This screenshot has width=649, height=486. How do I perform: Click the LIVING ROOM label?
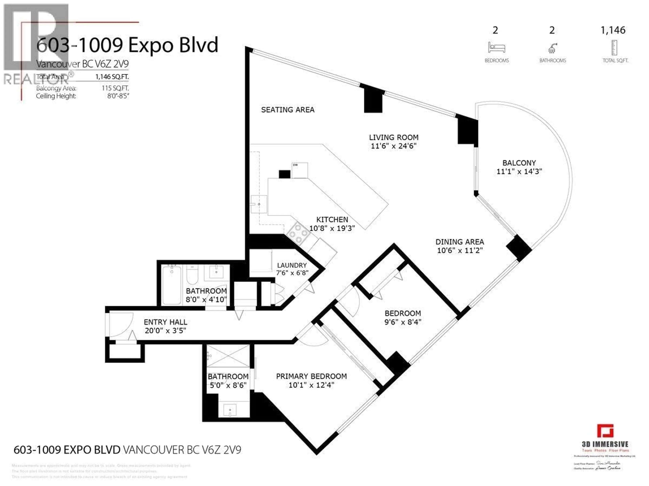pos(393,137)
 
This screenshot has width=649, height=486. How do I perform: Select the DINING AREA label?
pos(460,242)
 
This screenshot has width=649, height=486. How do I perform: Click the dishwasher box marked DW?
pos(299,170)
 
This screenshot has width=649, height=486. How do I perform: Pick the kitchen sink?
pos(259,204)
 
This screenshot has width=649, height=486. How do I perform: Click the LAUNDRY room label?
pos(292,265)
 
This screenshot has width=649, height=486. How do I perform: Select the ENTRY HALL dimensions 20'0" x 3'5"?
pos(165,331)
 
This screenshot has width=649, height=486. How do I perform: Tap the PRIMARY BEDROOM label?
pos(311,376)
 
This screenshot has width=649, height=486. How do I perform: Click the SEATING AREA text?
pos(287,110)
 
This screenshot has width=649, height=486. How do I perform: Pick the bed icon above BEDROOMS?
pos(496,47)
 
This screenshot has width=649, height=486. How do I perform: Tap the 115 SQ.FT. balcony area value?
pos(115,88)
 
